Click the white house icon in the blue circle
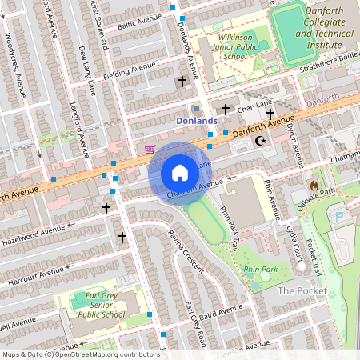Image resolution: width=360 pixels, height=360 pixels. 180,173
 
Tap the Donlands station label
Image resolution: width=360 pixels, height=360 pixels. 196,121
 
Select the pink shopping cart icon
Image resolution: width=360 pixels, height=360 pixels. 150,149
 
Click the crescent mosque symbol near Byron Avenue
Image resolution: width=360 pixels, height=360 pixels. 258,141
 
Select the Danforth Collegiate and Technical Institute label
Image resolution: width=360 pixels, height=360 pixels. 313,24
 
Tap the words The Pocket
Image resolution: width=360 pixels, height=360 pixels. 297,290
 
